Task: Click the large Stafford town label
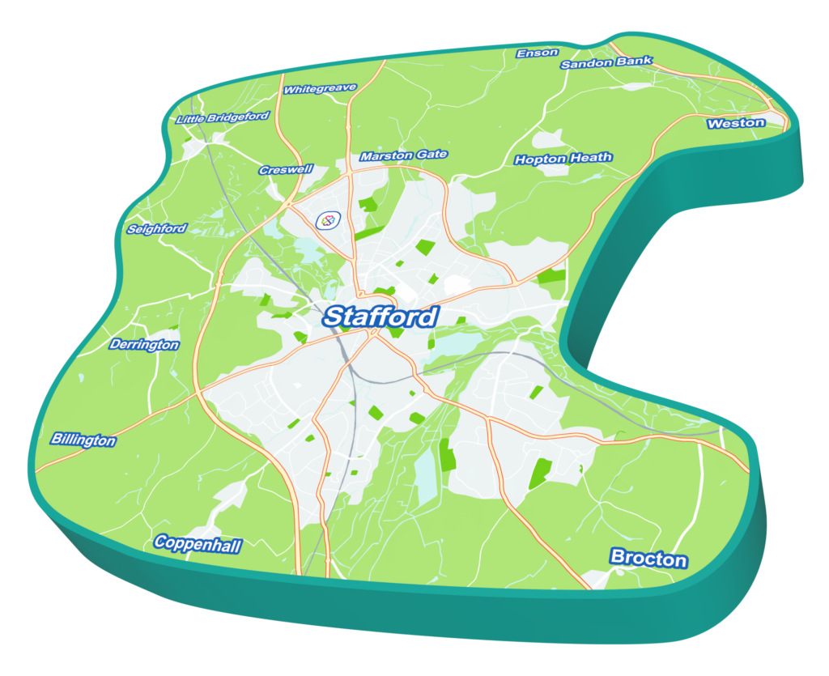[380, 317]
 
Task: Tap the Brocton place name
[648, 558]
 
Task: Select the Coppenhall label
[198, 544]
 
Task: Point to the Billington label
[83, 440]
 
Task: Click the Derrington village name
[144, 345]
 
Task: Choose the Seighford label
[157, 229]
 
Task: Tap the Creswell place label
[285, 171]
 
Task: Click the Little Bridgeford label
[223, 118]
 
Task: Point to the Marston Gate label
[403, 155]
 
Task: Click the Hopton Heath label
[563, 159]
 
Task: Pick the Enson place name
[538, 53]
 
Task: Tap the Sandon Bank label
[606, 62]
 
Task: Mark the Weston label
[736, 123]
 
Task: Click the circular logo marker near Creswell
[327, 219]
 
